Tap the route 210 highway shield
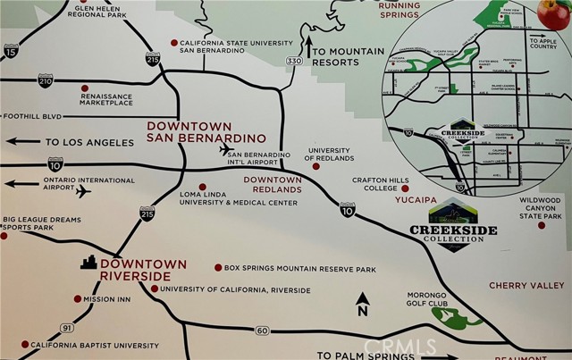coord(45,81)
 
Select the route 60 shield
coord(263,331)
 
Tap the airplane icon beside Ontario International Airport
coord(84,190)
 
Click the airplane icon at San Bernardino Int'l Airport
coord(226,149)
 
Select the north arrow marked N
coord(362,305)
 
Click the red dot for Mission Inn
coord(75,299)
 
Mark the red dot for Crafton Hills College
coord(405,188)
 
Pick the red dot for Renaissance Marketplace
coord(85,88)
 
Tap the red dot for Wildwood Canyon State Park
coord(542,225)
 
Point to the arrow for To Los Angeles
coord(21,141)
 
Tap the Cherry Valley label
coord(526,286)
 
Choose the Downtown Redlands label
coord(273,185)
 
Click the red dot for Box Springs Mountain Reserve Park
coord(218,267)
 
